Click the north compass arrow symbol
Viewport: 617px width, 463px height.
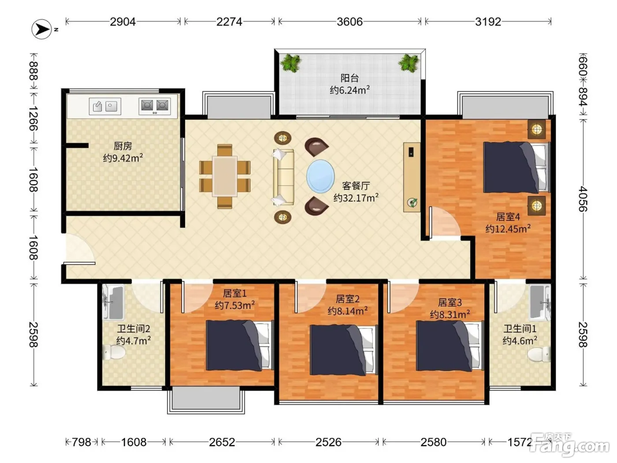point(41,29)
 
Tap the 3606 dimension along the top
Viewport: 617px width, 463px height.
point(349,22)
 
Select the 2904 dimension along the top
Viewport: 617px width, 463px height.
point(123,22)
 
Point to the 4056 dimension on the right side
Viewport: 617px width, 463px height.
point(583,199)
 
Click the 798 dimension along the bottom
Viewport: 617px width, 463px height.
point(82,442)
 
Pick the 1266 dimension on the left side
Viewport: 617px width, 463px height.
point(33,118)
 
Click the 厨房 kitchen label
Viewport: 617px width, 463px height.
point(123,146)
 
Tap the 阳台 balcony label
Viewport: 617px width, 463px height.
point(349,78)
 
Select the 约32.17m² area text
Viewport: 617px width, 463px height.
point(356,198)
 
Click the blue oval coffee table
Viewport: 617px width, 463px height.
point(320,176)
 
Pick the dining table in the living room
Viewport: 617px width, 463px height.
point(225,176)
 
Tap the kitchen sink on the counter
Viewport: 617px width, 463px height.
point(105,106)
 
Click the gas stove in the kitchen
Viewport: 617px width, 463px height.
point(155,106)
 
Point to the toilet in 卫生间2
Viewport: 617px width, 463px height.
point(114,352)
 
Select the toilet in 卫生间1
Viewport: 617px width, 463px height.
point(539,355)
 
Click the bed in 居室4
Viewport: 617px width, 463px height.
point(517,168)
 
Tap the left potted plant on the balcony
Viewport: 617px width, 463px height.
point(291,63)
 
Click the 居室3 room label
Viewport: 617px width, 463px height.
point(450,302)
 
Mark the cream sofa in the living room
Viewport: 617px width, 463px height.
point(283,177)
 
